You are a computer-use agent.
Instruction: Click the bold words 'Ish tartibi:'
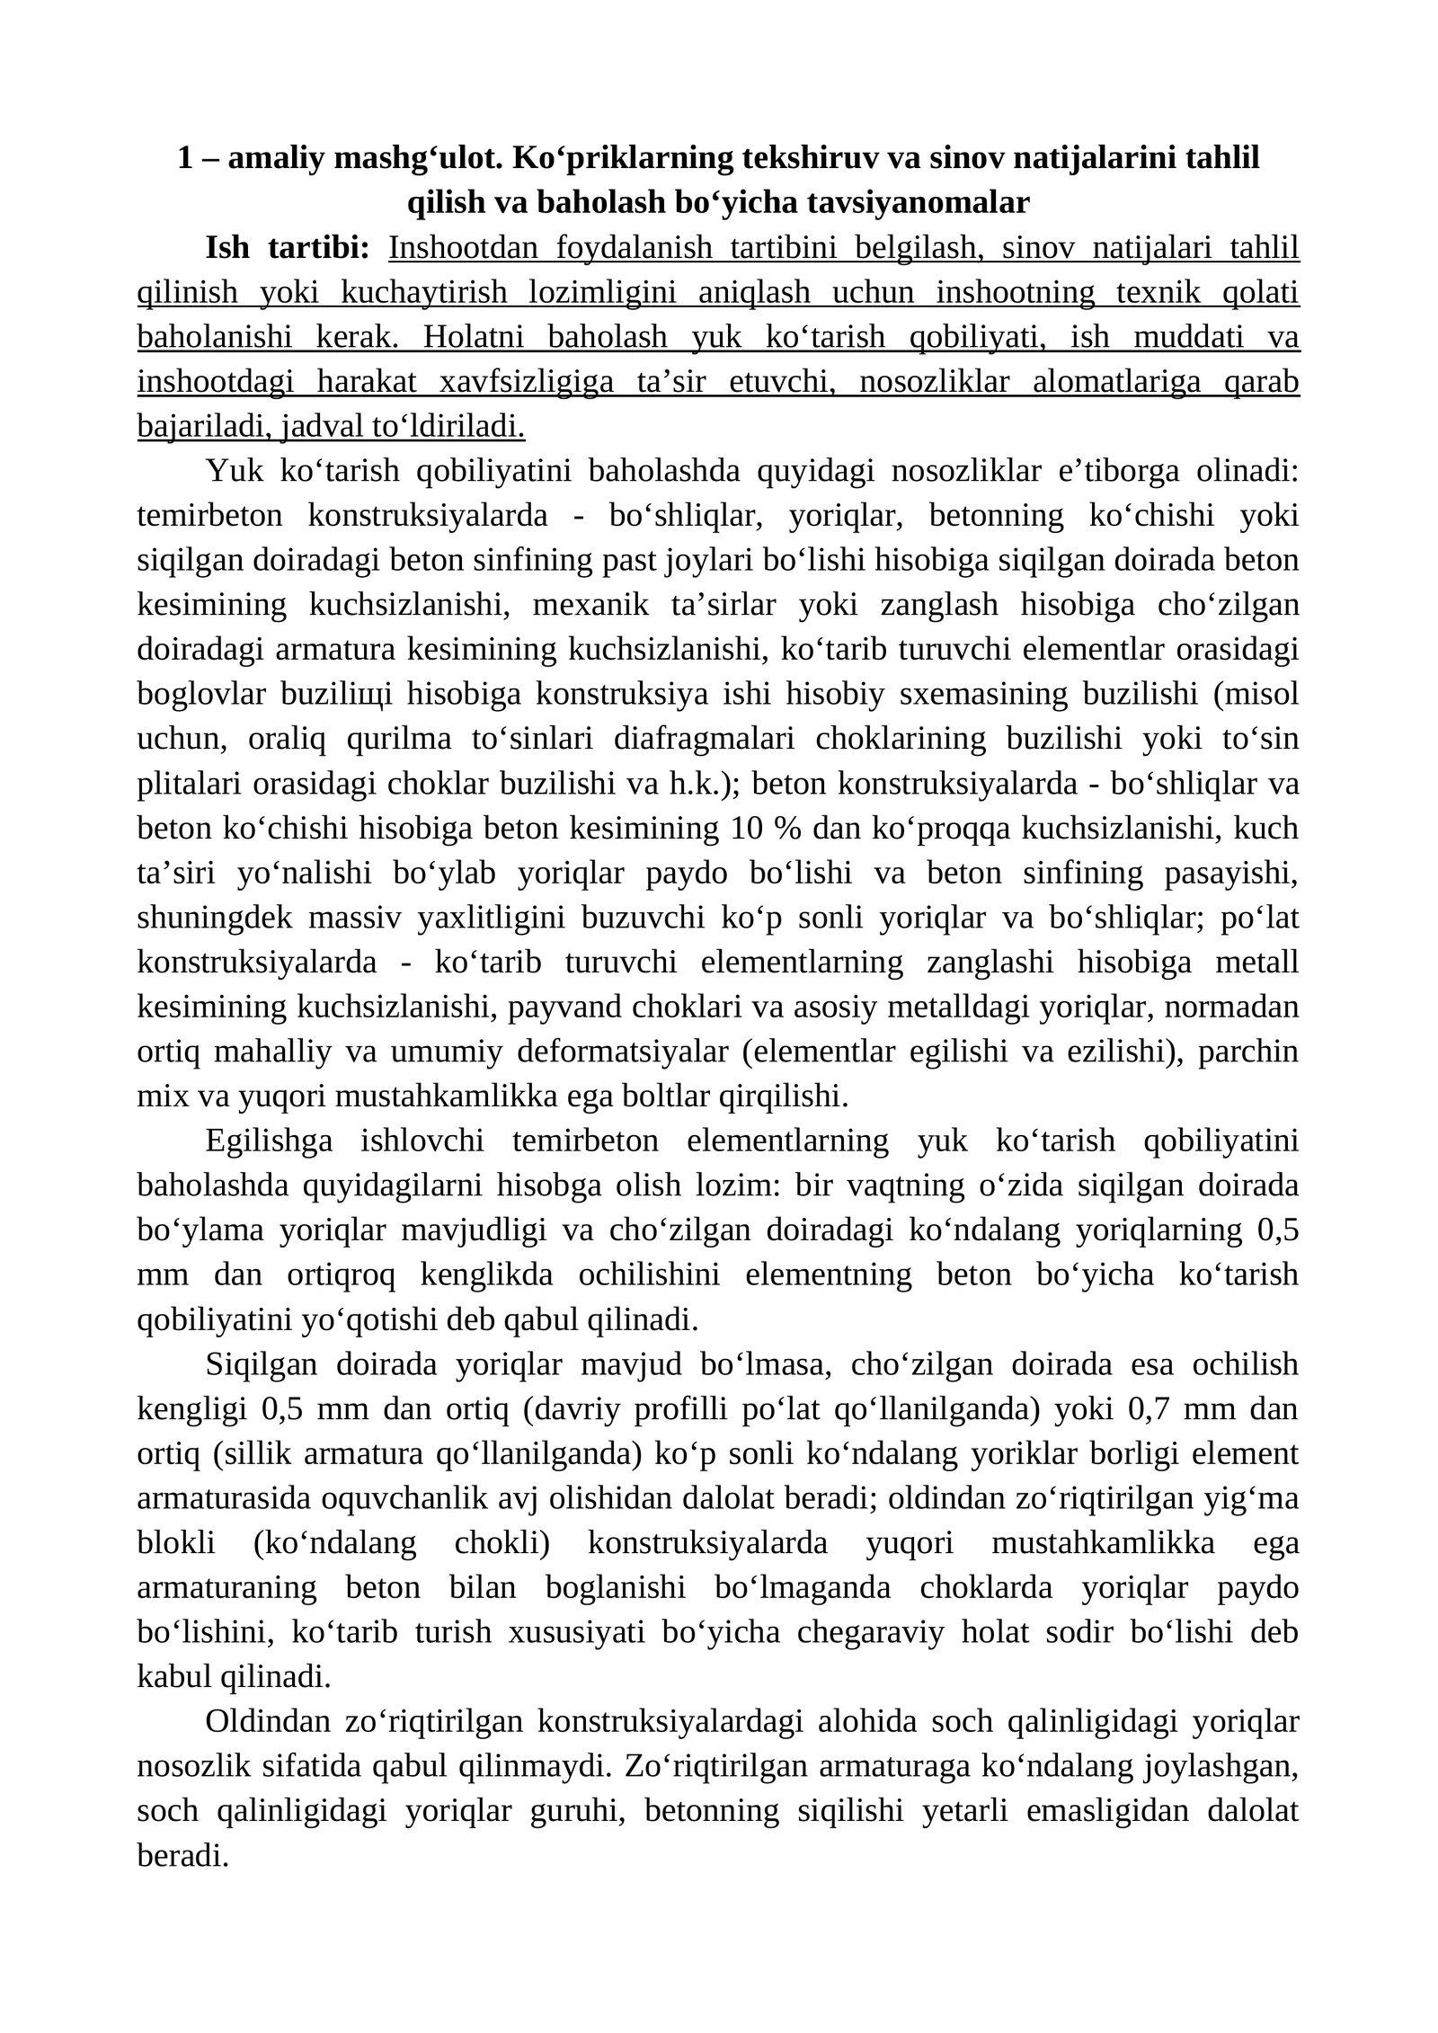point(288,247)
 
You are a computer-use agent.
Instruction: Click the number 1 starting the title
point(185,157)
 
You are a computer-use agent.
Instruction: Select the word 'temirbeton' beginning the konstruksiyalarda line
point(209,516)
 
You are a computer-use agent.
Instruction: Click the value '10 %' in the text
point(755,828)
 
